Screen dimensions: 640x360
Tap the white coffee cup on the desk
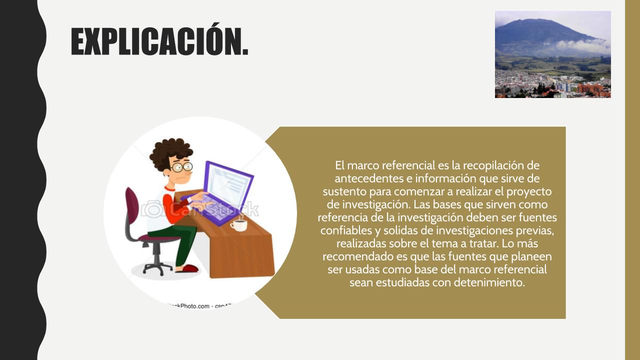pyautogui.click(x=239, y=225)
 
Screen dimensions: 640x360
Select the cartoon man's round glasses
pyautogui.click(x=181, y=167)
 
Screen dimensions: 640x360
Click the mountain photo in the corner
pyautogui.click(x=553, y=54)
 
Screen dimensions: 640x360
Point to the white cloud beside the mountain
pyautogui.click(x=583, y=45)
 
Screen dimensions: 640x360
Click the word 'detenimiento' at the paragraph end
pyautogui.click(x=489, y=282)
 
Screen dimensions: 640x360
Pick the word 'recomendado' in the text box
pyautogui.click(x=357, y=256)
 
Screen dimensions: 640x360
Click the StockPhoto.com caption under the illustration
pyautogui.click(x=200, y=306)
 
